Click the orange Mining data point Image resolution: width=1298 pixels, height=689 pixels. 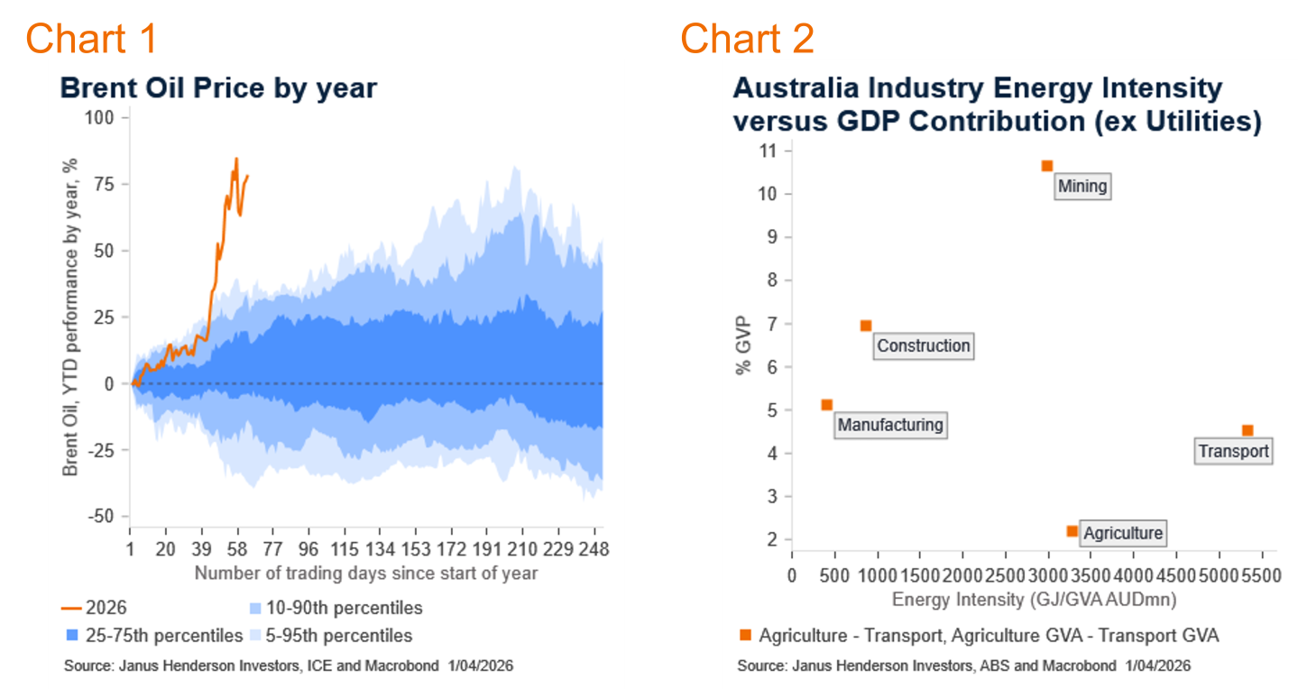[1046, 166]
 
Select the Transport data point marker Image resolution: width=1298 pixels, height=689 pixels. [1247, 430]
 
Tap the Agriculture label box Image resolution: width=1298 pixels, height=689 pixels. [1123, 533]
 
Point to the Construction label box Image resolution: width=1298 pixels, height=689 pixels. [923, 345]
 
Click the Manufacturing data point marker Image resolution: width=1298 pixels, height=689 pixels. [826, 405]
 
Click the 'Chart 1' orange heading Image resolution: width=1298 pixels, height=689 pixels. [91, 39]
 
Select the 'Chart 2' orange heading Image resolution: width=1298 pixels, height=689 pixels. [747, 39]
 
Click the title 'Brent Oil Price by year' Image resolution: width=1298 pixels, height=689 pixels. [217, 88]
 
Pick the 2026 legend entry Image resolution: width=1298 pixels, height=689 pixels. [101, 608]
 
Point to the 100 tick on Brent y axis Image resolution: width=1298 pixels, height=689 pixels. [106, 117]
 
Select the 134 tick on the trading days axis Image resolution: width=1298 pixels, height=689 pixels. [380, 549]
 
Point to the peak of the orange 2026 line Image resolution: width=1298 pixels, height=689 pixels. [236, 159]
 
